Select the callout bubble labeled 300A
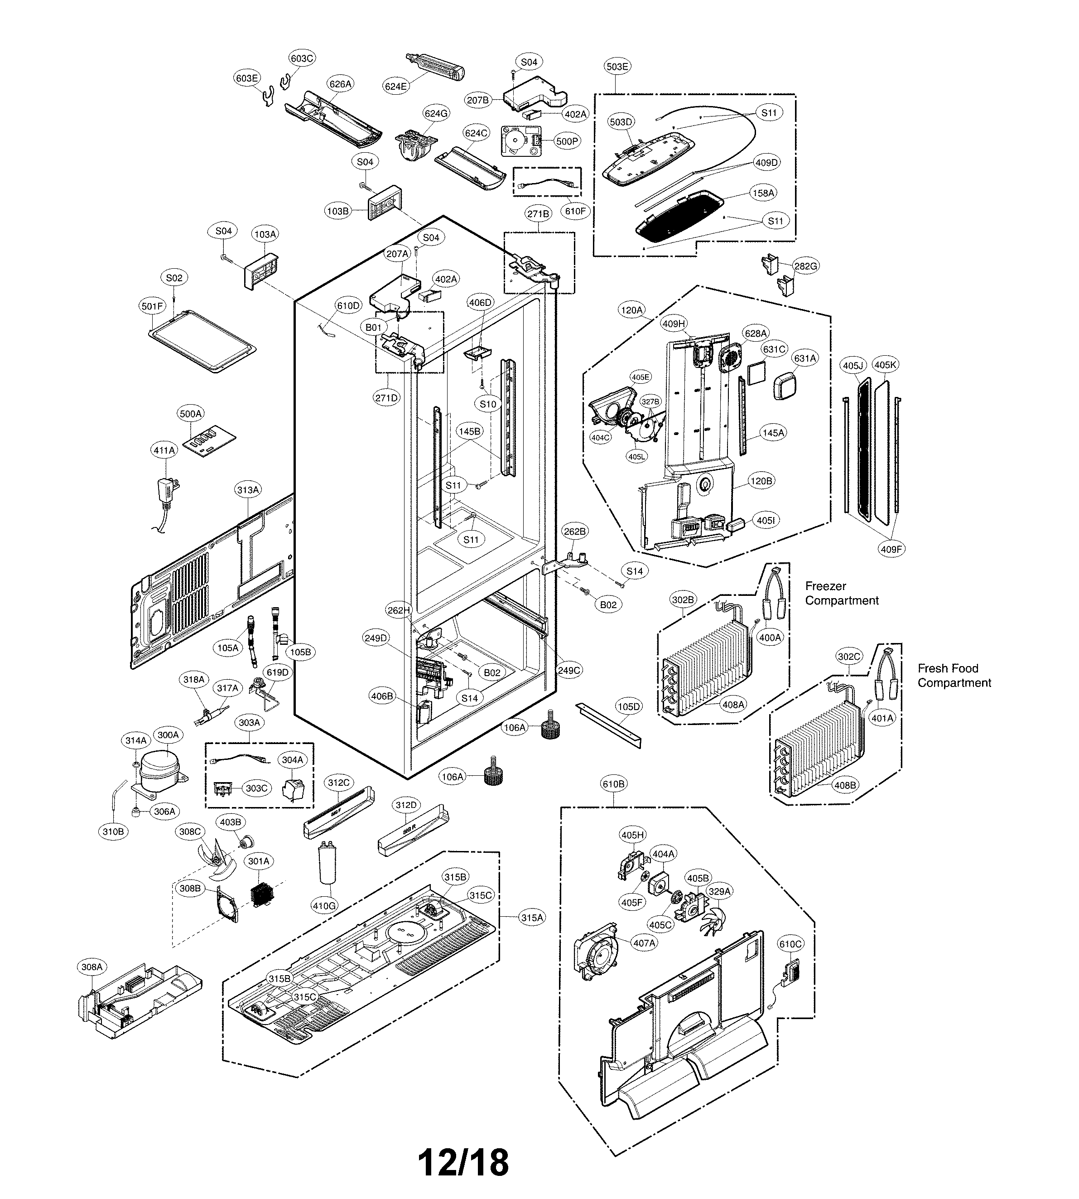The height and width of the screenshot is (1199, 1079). pyautogui.click(x=168, y=735)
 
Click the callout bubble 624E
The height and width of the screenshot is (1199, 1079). pyautogui.click(x=396, y=86)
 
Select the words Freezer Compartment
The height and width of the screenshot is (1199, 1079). pyautogui.click(x=841, y=593)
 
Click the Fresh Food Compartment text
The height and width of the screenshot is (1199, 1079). pyautogui.click(x=954, y=676)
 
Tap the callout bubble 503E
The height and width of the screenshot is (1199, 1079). pyautogui.click(x=617, y=67)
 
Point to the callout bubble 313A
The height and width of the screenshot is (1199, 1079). pyautogui.click(x=248, y=490)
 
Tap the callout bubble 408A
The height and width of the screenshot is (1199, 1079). pyautogui.click(x=733, y=705)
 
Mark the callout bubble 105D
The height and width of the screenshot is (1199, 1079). pyautogui.click(x=628, y=706)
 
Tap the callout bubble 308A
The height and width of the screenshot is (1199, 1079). pyautogui.click(x=92, y=967)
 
